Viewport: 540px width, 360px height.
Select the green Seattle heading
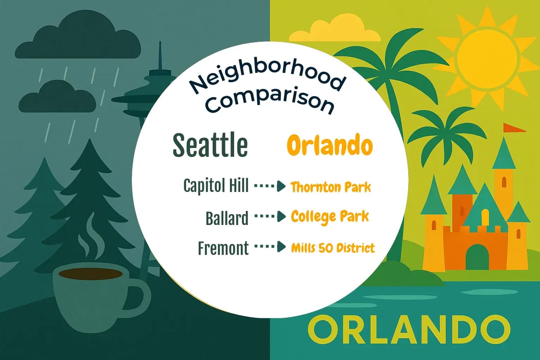tap(210, 145)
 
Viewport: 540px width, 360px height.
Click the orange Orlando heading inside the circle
tap(329, 145)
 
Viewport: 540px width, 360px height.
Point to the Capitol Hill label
tap(216, 186)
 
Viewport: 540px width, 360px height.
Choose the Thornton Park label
tap(330, 187)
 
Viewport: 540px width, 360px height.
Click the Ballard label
tap(227, 218)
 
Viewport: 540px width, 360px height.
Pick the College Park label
tap(330, 217)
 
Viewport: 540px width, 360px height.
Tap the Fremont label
tap(223, 248)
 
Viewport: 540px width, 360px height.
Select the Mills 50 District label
tap(333, 248)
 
